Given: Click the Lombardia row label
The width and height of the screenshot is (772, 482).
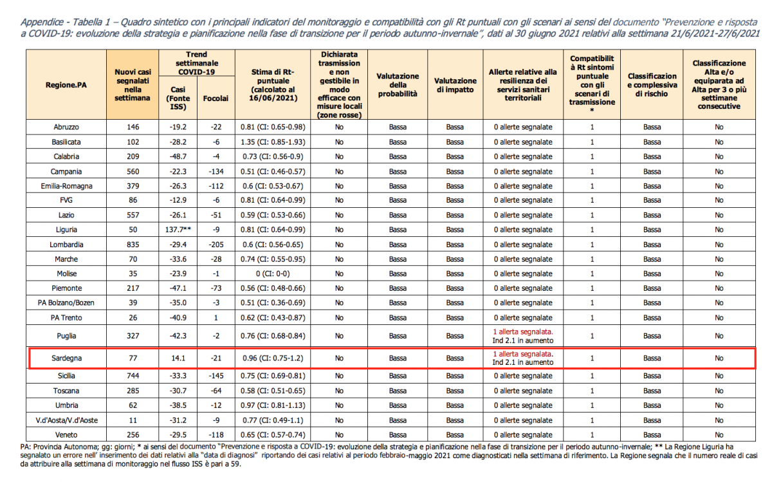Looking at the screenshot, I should click(x=67, y=245).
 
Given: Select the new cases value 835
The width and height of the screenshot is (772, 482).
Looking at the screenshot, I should click(x=133, y=245).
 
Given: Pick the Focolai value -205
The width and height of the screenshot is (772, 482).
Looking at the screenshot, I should click(x=215, y=245).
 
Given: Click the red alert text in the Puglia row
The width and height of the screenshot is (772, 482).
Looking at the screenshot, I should click(x=522, y=331).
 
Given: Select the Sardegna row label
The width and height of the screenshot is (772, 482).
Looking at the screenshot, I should click(x=67, y=358).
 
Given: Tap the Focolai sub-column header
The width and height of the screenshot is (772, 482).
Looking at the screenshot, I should click(x=215, y=98).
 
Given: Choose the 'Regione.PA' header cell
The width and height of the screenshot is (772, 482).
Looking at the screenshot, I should click(x=67, y=85).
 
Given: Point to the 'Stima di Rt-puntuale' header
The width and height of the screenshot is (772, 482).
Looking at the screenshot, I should click(x=273, y=85).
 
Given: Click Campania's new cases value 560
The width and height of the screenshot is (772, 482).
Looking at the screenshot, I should click(x=133, y=171).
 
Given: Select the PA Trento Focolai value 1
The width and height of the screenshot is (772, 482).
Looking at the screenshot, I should click(x=215, y=317).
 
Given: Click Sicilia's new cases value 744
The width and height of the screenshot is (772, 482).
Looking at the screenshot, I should click(x=133, y=376).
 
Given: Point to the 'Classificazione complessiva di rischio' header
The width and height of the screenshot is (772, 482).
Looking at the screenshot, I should click(x=652, y=85).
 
